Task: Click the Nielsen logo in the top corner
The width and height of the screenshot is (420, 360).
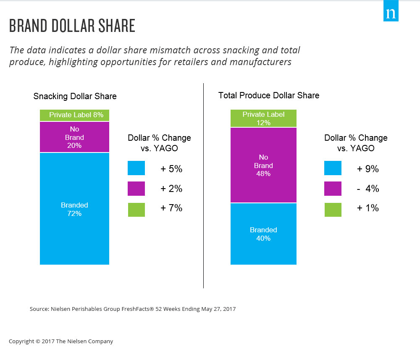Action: pyautogui.click(x=391, y=13)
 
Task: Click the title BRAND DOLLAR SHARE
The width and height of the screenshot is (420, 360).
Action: pyautogui.click(x=72, y=26)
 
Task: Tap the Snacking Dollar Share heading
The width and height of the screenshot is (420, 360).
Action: pyautogui.click(x=75, y=97)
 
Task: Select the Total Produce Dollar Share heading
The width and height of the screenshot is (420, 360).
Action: pyautogui.click(x=269, y=95)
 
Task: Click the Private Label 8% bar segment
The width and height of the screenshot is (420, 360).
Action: pyautogui.click(x=74, y=115)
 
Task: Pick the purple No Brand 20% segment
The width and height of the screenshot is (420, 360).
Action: pyautogui.click(x=74, y=137)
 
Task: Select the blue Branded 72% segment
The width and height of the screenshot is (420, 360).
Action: pyautogui.click(x=74, y=209)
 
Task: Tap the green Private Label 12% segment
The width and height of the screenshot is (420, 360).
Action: pyautogui.click(x=263, y=118)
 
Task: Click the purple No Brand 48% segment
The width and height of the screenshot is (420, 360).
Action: pyautogui.click(x=263, y=165)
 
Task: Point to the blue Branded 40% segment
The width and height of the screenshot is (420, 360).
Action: pyautogui.click(x=263, y=234)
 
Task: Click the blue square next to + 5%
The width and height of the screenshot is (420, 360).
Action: pyautogui.click(x=136, y=168)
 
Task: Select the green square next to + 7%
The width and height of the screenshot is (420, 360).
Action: pyautogui.click(x=136, y=210)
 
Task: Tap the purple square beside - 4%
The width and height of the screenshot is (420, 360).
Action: pyautogui.click(x=333, y=189)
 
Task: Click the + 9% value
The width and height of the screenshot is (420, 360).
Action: pyautogui.click(x=368, y=169)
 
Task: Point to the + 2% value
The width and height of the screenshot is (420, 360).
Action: pyautogui.click(x=171, y=189)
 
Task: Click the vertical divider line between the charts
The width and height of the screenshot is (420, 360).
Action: pyautogui.click(x=204, y=185)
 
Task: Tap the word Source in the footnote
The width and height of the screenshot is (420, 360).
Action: pyautogui.click(x=39, y=309)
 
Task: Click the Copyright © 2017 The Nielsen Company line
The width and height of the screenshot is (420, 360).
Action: pyautogui.click(x=61, y=342)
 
